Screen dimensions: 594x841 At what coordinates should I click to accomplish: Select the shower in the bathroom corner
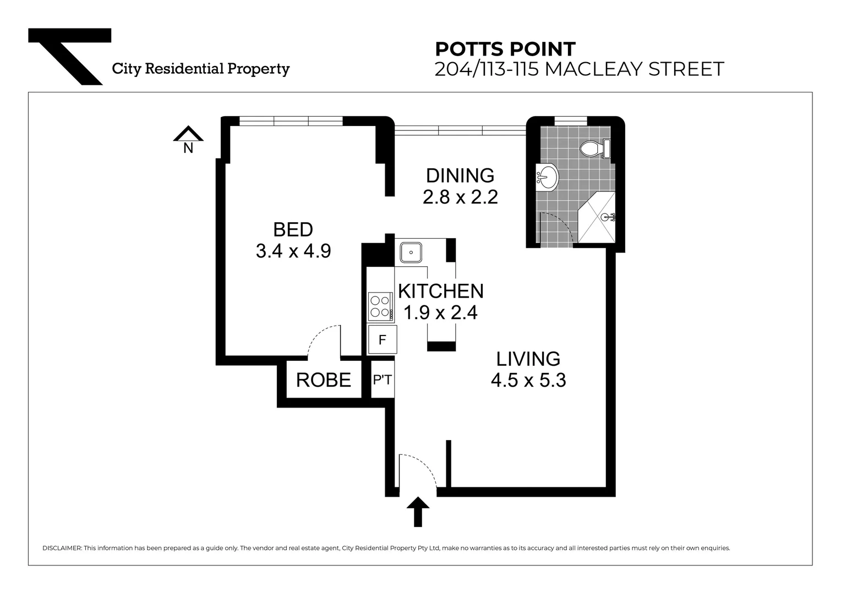[x=597, y=218]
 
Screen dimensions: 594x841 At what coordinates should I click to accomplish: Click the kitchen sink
[x=411, y=252]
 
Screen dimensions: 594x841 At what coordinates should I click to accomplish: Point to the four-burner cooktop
[x=380, y=306]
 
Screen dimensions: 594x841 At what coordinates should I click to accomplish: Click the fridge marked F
[x=382, y=340]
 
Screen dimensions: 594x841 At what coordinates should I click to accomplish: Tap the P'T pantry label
[x=383, y=380]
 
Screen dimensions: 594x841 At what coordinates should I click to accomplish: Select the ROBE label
[x=323, y=380]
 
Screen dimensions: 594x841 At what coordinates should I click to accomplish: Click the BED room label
[x=293, y=229]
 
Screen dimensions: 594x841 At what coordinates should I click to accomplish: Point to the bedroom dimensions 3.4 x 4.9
[x=293, y=251]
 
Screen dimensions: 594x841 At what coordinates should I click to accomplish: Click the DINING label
[x=460, y=175]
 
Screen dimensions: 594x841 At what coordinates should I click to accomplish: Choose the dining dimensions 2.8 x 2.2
[x=460, y=197]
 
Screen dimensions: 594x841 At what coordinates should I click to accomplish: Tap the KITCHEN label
[x=440, y=291]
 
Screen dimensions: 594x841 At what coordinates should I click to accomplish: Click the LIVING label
[x=528, y=359]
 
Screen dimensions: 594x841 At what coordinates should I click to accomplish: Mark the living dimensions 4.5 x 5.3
[x=528, y=380]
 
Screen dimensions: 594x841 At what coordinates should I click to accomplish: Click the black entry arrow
[x=418, y=511]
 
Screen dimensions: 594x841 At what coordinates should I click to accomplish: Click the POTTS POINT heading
[x=505, y=49]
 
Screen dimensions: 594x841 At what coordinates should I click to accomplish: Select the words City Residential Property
[x=200, y=69]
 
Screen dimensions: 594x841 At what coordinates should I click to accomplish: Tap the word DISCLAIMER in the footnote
[x=62, y=548]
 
